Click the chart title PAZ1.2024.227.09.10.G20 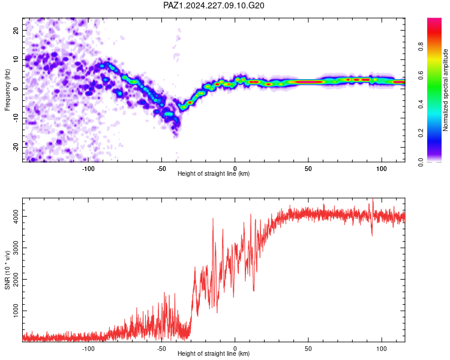(x=214, y=5)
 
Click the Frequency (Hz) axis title (x=7, y=90)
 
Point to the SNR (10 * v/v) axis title (x=7, y=270)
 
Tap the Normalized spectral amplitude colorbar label (x=445, y=90)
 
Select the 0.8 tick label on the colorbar (x=421, y=47)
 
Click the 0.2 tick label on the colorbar (x=421, y=133)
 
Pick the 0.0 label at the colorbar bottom (x=421, y=162)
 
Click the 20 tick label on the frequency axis (x=16, y=30)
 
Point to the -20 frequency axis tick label (x=16, y=147)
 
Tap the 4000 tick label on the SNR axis (x=16, y=216)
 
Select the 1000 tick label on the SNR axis (x=16, y=311)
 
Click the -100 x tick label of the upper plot (x=88, y=169)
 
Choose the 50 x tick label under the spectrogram (x=308, y=169)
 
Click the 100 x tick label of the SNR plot (x=382, y=349)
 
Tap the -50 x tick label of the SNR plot (x=161, y=349)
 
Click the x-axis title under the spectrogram (x=214, y=173)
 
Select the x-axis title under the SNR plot (x=214, y=353)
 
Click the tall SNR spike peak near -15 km (x=213, y=218)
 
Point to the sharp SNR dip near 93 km (x=372, y=235)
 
